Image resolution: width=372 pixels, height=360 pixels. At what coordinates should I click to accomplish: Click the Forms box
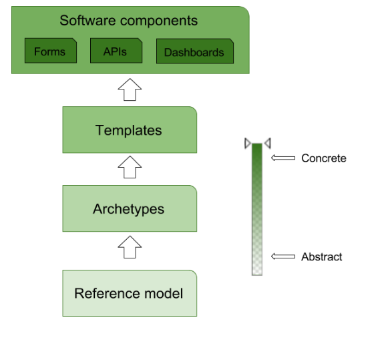coord(51,51)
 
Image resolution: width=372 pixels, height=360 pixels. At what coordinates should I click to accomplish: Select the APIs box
coord(116,51)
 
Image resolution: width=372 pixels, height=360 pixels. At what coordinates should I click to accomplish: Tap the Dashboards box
coord(195,51)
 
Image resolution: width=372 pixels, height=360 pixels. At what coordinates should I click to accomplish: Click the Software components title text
coord(129,21)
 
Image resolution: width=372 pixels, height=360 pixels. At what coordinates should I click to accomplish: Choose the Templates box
coord(130,130)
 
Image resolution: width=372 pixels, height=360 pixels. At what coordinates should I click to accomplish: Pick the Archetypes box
coord(130,208)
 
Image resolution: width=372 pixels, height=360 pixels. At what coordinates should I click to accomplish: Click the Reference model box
coord(130,293)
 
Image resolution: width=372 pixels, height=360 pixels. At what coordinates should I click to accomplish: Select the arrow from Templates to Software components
coord(130,89)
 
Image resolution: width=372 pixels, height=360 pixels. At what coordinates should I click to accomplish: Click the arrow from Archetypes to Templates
coord(130,167)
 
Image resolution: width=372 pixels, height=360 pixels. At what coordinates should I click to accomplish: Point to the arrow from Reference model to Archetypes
coord(130,247)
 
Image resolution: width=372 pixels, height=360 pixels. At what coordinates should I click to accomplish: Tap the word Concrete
coord(324,158)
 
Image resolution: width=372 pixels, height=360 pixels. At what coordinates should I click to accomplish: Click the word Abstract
coord(322,256)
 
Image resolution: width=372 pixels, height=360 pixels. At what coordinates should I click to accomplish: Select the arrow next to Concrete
coord(283,158)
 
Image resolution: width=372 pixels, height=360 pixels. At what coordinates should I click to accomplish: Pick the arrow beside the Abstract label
coord(283,256)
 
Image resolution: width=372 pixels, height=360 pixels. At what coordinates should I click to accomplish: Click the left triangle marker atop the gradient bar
coord(248,144)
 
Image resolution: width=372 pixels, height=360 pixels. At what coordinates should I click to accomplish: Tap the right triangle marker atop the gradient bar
coord(268,144)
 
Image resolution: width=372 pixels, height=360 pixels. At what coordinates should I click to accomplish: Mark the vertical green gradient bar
coord(257,209)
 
